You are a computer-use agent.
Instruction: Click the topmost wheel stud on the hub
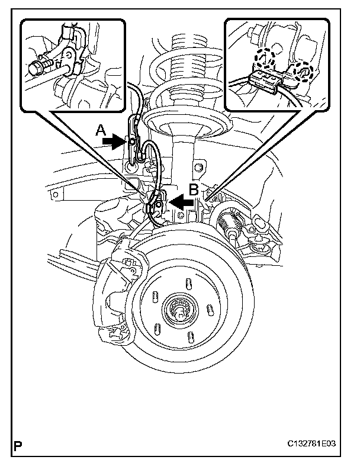(187, 282)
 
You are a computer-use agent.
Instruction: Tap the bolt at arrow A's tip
(133, 141)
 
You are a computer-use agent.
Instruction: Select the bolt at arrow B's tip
(159, 204)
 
